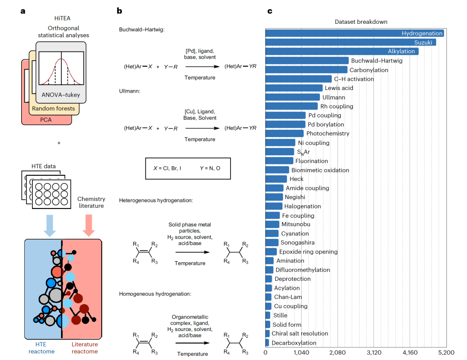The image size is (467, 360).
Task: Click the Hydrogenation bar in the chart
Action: pyautogui.click(x=355, y=33)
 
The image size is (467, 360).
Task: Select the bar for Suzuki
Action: pyautogui.click(x=351, y=42)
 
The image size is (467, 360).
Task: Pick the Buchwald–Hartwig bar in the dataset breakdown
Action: pyautogui.click(x=307, y=61)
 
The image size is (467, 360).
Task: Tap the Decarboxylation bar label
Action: pyautogui.click(x=294, y=343)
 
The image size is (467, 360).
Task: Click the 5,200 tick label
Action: pyautogui.click(x=445, y=352)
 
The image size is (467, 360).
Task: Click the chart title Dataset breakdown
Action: pyautogui.click(x=361, y=22)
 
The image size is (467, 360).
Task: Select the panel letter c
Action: pyautogui.click(x=269, y=11)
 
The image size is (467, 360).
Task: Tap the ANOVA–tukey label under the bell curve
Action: pyautogui.click(x=61, y=95)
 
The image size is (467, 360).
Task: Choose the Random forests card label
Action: pyautogui.click(x=54, y=109)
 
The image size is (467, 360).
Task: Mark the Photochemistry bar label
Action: pyautogui.click(x=328, y=134)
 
